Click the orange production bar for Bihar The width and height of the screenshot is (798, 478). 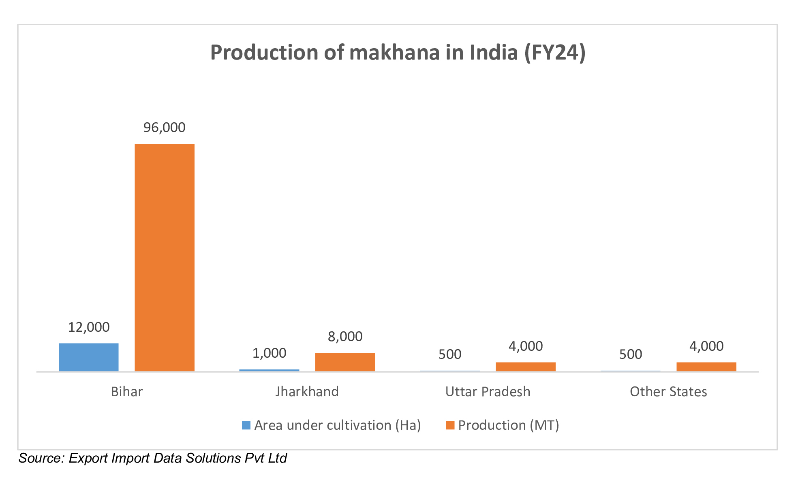pos(165,257)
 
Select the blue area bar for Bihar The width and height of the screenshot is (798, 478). pos(88,357)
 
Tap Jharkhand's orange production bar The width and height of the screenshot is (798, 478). pos(345,362)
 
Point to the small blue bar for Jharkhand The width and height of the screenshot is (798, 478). pos(269,370)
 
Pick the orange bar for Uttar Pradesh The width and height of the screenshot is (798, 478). pos(526,367)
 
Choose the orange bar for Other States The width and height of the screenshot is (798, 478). pos(706,367)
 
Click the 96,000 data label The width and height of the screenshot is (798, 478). pos(165,128)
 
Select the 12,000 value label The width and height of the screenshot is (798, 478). pos(88,327)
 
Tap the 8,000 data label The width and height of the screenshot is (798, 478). pos(345,337)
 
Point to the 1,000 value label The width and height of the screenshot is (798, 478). pos(269,353)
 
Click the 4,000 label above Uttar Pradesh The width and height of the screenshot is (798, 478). pos(526,346)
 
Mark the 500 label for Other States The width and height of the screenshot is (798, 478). pos(631,354)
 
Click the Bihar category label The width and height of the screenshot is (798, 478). pos(127,392)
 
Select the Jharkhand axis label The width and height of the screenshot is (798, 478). pos(307,392)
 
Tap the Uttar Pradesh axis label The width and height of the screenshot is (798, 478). pos(488,392)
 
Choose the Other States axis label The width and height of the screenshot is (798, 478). pos(668,392)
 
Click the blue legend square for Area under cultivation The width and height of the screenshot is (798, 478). pos(246,425)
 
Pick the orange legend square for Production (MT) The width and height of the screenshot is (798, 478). pos(450,425)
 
